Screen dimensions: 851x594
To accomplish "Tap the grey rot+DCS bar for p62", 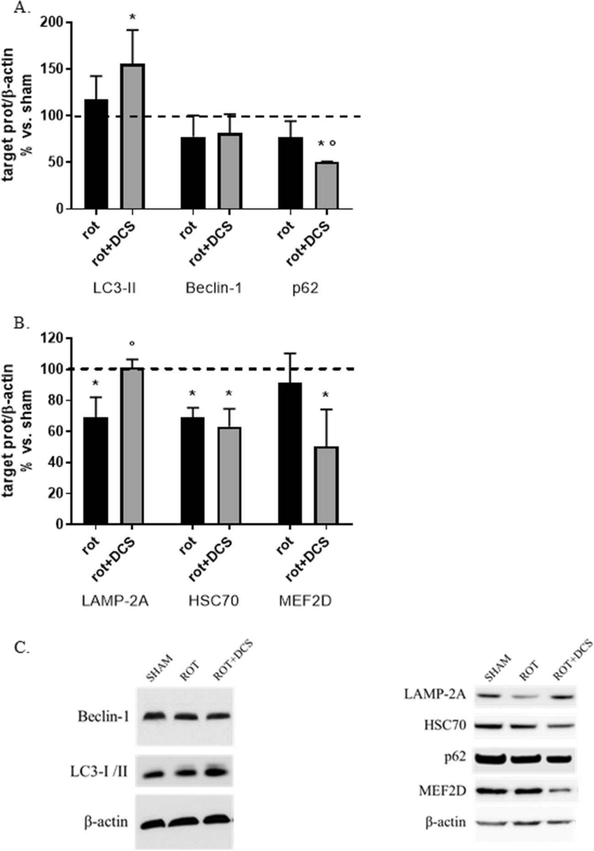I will click(x=326, y=185).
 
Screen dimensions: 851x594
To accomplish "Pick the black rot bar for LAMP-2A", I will click(x=96, y=471).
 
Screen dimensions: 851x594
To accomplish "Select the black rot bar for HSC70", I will click(x=193, y=471).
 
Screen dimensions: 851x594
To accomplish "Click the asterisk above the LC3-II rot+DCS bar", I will click(x=133, y=17).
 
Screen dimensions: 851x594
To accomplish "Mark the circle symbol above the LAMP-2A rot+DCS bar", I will click(x=132, y=343).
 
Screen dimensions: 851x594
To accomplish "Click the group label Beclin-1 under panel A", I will click(x=214, y=288).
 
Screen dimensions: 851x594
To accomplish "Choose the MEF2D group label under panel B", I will click(x=305, y=601).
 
